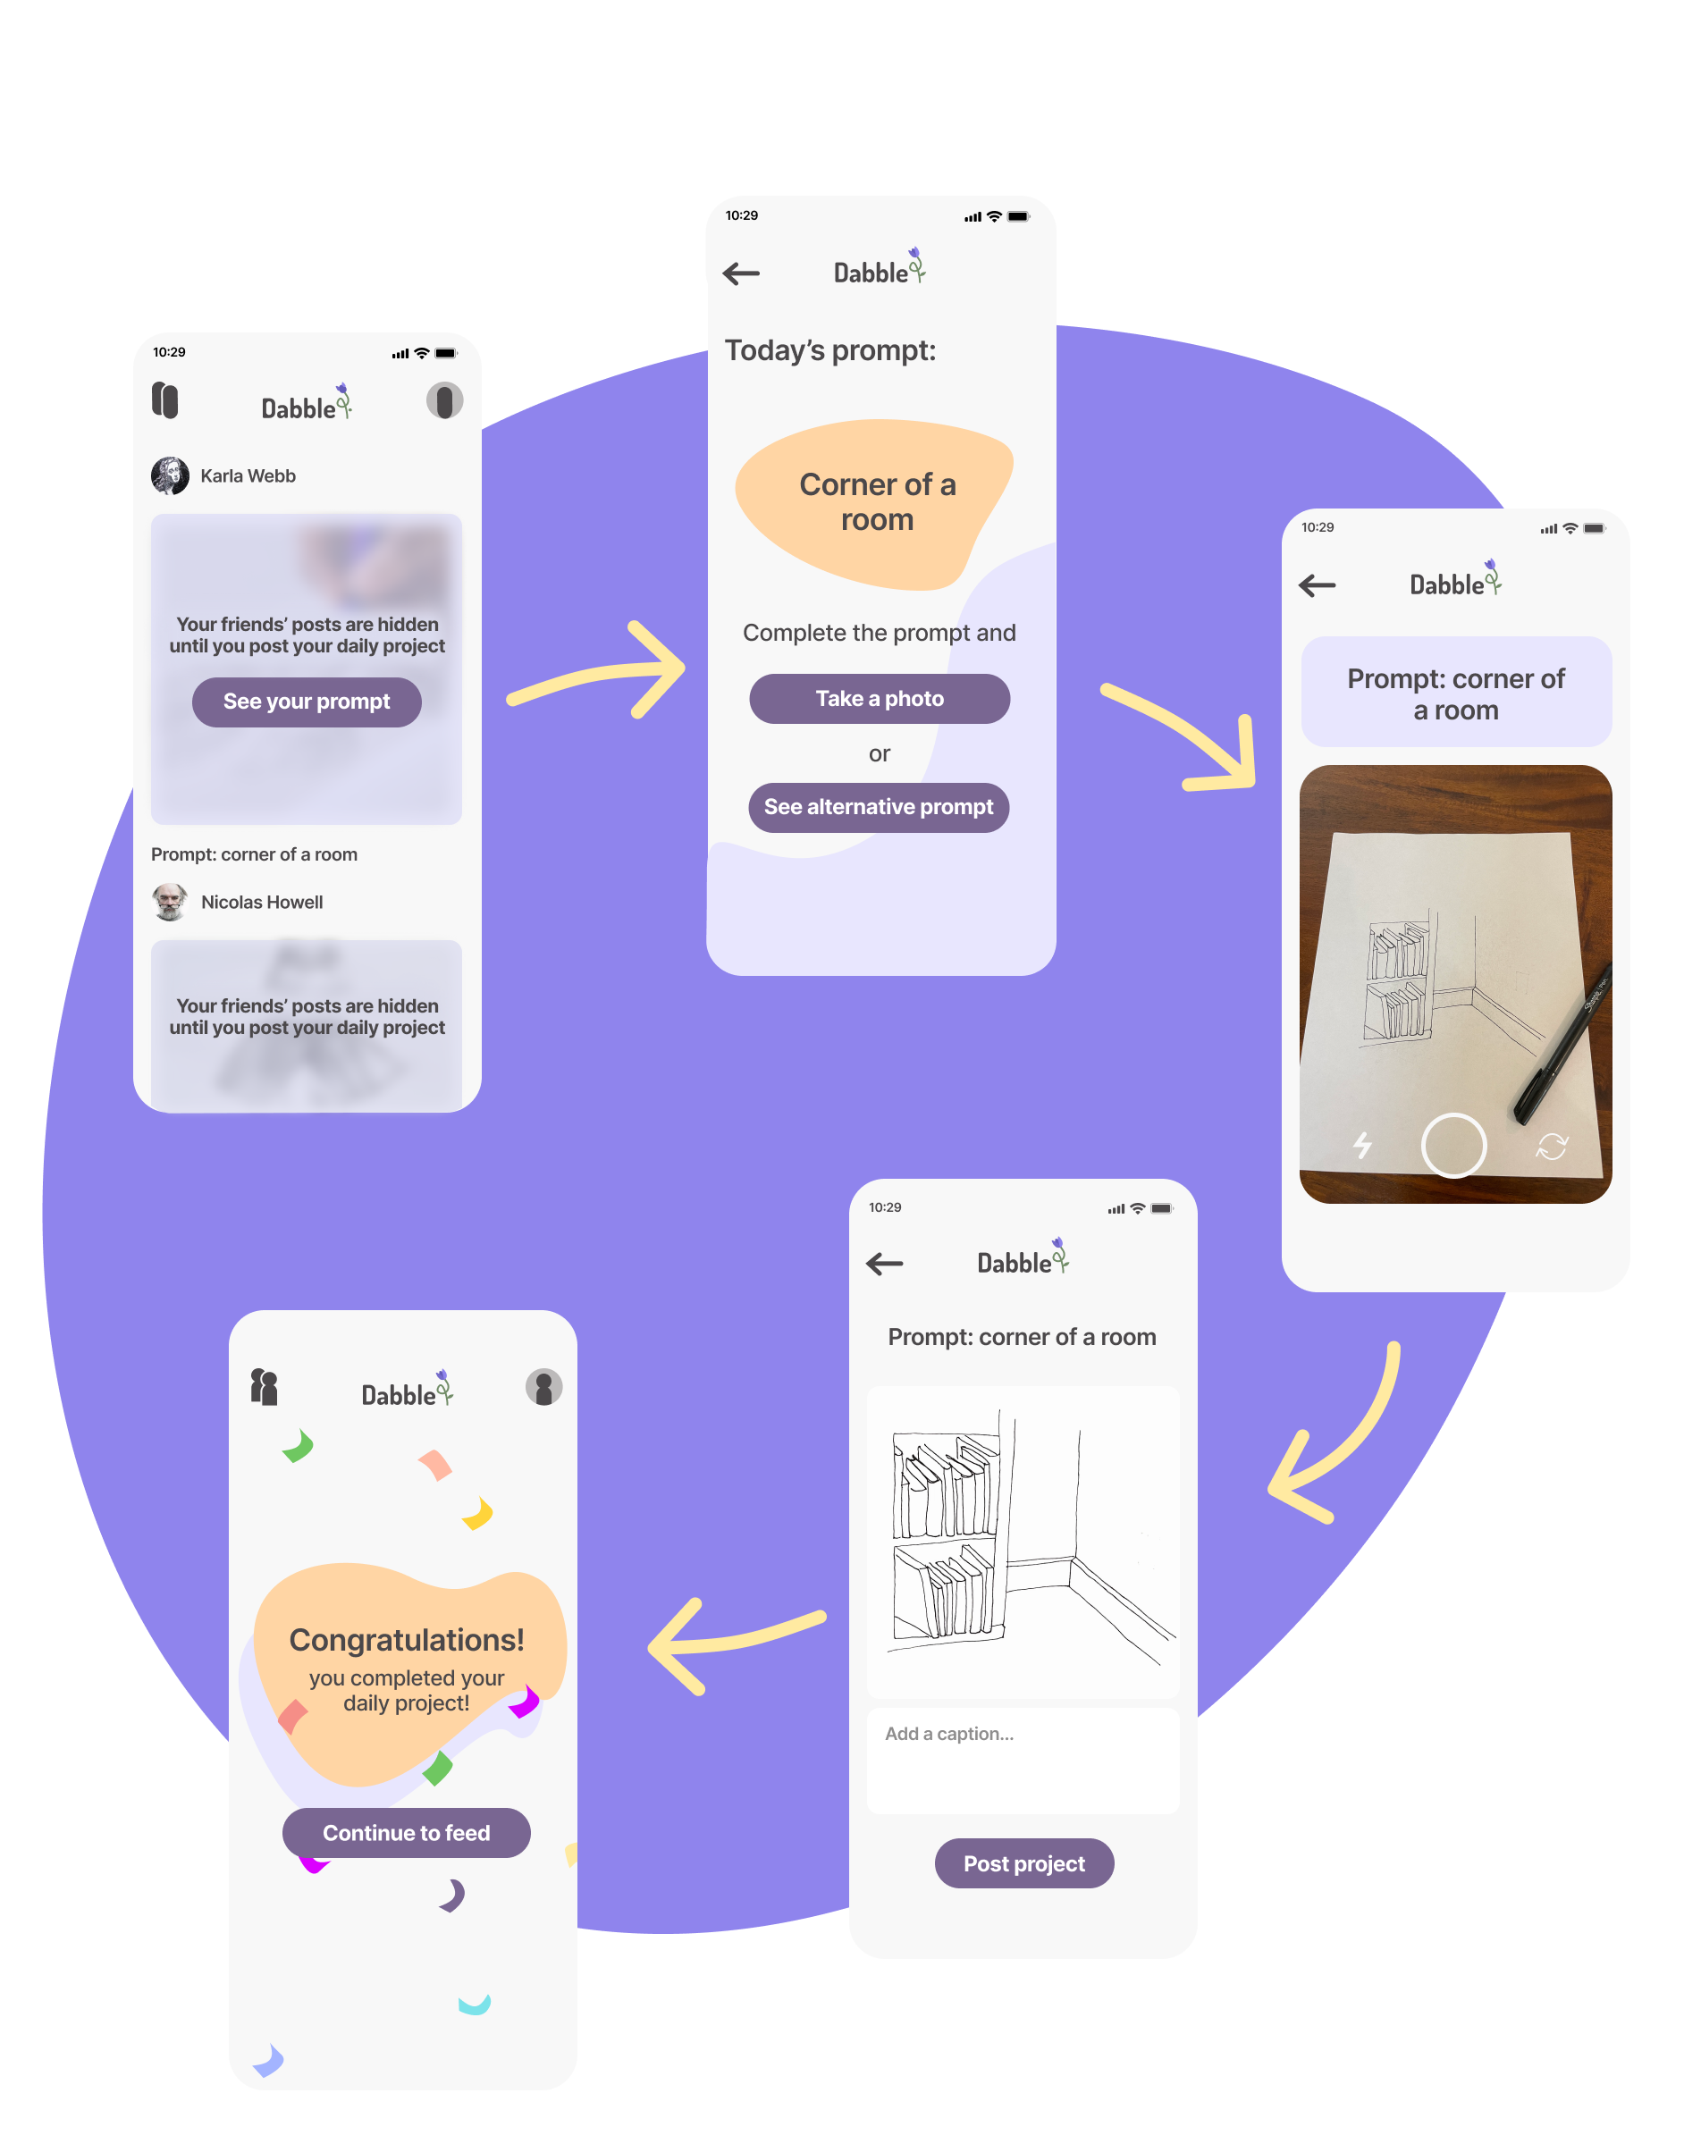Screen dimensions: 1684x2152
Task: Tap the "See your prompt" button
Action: pos(307,702)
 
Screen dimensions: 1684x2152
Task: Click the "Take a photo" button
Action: pos(880,699)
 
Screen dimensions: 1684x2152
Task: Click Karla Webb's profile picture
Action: pos(170,476)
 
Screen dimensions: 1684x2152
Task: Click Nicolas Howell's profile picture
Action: pos(171,902)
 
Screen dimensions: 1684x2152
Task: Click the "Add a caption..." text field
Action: pos(1023,1761)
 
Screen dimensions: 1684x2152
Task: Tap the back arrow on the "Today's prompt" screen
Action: pos(741,274)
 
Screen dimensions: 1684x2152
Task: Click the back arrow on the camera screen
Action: pos(1318,585)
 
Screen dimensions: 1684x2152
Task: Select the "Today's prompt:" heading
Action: pos(830,351)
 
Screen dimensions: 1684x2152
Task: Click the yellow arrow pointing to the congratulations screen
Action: pos(735,1642)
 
